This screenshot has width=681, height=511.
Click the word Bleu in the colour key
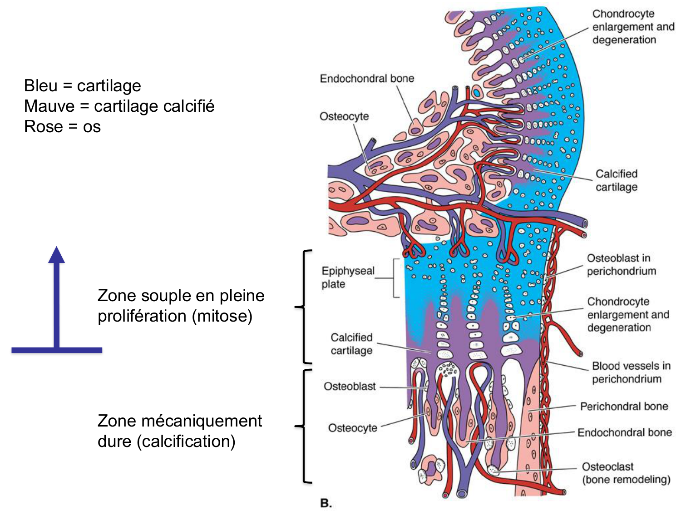(40, 85)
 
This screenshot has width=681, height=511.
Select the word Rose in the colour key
(43, 127)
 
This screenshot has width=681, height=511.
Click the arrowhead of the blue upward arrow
(57, 255)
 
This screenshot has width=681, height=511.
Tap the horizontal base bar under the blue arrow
(57, 350)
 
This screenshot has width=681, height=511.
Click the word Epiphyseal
(348, 271)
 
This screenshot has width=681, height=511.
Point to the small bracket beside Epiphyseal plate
(396, 278)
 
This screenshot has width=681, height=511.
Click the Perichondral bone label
(624, 407)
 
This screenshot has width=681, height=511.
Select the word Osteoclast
(607, 467)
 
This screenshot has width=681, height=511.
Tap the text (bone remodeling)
(626, 480)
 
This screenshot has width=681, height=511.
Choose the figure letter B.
(326, 503)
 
